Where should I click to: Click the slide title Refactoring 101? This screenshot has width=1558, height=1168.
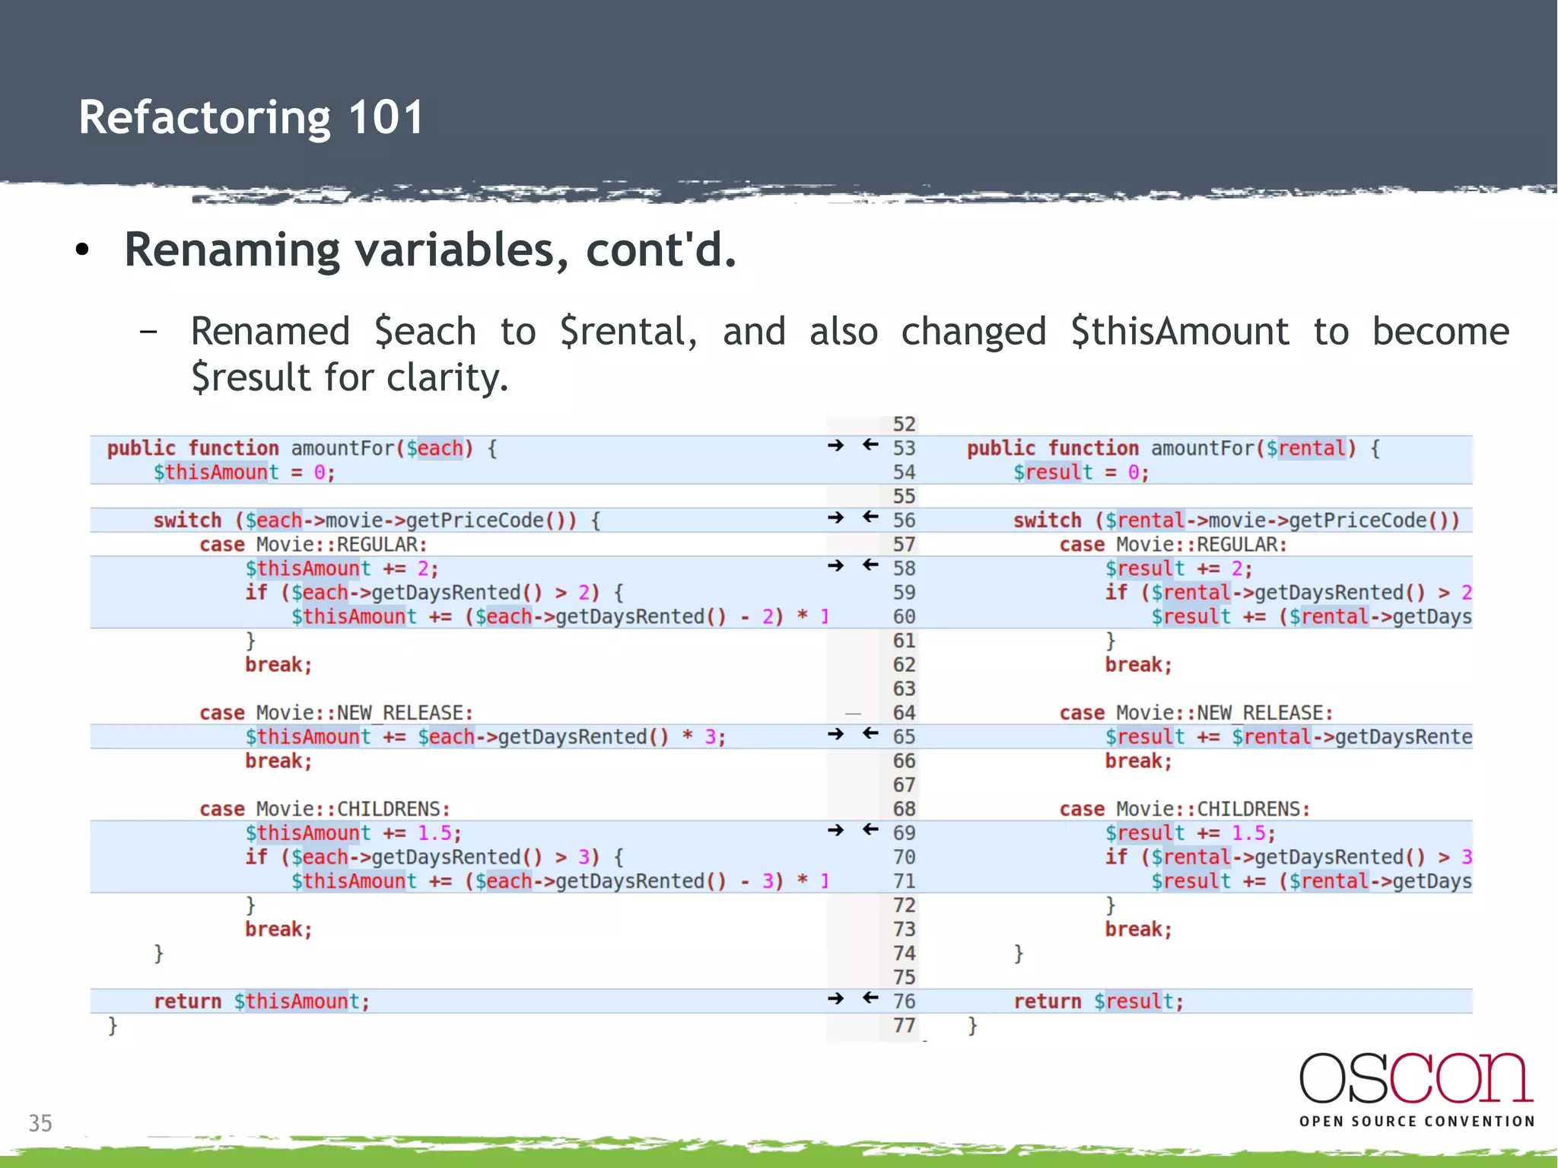click(x=251, y=118)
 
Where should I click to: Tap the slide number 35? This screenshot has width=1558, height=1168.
click(x=40, y=1123)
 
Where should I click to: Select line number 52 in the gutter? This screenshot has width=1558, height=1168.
click(x=904, y=425)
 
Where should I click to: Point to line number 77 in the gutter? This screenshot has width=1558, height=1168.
click(x=904, y=1026)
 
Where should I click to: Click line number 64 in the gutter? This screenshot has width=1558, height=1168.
click(x=904, y=713)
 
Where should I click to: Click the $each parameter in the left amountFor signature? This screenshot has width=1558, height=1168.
click(x=435, y=448)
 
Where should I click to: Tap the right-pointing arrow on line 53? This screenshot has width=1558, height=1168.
click(x=836, y=446)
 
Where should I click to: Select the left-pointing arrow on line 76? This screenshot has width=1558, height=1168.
click(x=871, y=998)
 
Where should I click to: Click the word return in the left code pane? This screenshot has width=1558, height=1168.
click(x=187, y=1001)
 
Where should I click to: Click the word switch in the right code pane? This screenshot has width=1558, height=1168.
click(x=1047, y=520)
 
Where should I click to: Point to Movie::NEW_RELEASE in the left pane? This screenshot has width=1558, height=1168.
click(x=364, y=713)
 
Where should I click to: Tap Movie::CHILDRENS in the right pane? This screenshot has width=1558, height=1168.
click(x=1213, y=809)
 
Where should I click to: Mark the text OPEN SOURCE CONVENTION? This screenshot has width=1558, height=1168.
click(x=1417, y=1122)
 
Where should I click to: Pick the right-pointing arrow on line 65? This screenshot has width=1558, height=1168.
click(x=836, y=734)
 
